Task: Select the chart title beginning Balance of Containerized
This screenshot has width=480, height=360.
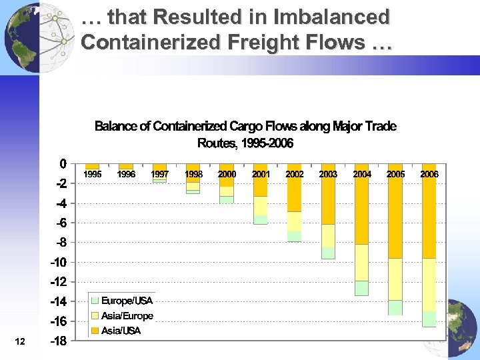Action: click(245, 134)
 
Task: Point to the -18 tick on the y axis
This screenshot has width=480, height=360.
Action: click(58, 341)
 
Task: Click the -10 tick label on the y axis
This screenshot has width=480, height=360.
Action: click(58, 262)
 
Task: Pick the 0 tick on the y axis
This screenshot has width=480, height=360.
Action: click(63, 163)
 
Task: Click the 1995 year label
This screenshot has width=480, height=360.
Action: click(92, 174)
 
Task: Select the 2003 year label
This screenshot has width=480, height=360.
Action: click(328, 174)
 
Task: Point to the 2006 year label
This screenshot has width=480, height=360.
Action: click(429, 174)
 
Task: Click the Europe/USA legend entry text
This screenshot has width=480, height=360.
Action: click(127, 301)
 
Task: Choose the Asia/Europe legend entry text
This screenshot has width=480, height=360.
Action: click(127, 316)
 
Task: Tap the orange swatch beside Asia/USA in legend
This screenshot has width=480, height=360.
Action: click(95, 331)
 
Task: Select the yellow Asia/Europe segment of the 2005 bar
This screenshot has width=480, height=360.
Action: click(395, 279)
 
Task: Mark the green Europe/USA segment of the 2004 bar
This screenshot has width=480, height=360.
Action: click(361, 288)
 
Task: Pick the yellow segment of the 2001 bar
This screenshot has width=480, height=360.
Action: click(260, 205)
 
